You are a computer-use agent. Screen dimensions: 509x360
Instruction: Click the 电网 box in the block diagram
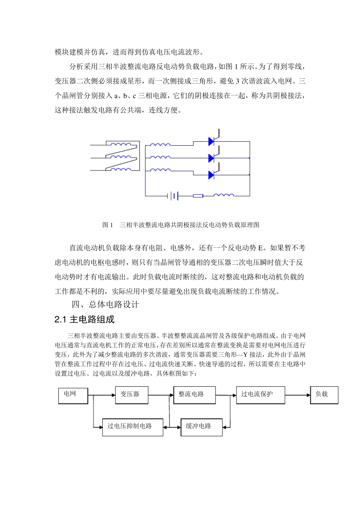click(x=73, y=395)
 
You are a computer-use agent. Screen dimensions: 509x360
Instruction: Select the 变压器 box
click(x=131, y=395)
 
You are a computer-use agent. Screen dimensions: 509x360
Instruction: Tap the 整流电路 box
click(x=194, y=395)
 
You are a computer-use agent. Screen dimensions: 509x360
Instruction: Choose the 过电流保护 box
click(x=260, y=395)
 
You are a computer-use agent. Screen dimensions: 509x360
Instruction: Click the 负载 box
click(x=324, y=395)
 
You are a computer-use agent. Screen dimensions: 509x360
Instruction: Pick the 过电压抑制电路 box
click(x=133, y=427)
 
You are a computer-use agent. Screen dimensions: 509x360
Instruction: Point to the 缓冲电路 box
click(x=201, y=427)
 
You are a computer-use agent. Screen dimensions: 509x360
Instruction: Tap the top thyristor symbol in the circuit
click(x=212, y=141)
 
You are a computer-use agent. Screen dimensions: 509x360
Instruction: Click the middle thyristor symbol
click(x=212, y=158)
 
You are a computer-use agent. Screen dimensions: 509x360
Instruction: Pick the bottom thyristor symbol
click(x=212, y=175)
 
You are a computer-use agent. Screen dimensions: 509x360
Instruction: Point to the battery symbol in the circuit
click(x=173, y=196)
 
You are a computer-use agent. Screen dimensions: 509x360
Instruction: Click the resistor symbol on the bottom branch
click(x=198, y=196)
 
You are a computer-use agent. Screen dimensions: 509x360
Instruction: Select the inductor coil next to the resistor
click(x=224, y=195)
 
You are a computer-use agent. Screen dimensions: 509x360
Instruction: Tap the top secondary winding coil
click(x=160, y=144)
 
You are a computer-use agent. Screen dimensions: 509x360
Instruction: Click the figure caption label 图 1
click(x=108, y=225)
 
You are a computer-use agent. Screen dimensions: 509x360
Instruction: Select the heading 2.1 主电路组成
click(x=85, y=320)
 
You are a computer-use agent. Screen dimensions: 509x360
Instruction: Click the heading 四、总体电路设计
click(x=105, y=304)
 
